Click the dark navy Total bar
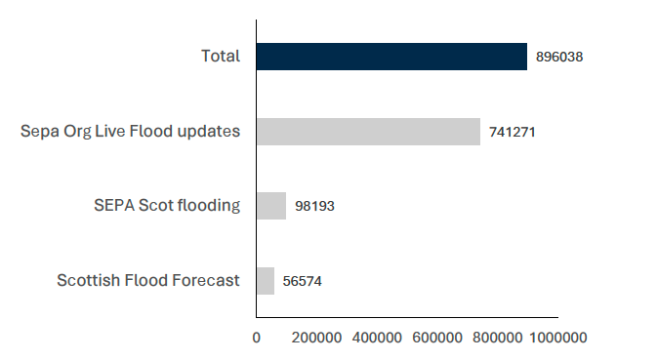tap(391, 57)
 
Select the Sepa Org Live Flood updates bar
tap(368, 132)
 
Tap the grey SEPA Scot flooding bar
tap(271, 206)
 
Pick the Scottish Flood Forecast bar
tap(266, 281)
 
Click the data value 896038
tap(559, 58)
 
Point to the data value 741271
tap(513, 132)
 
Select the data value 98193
tap(314, 207)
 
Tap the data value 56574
tap(303, 281)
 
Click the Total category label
tap(221, 57)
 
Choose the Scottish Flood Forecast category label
tap(148, 281)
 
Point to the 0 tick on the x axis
tap(257, 338)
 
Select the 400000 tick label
tap(377, 338)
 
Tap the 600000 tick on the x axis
tap(437, 338)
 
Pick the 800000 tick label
tap(498, 338)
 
